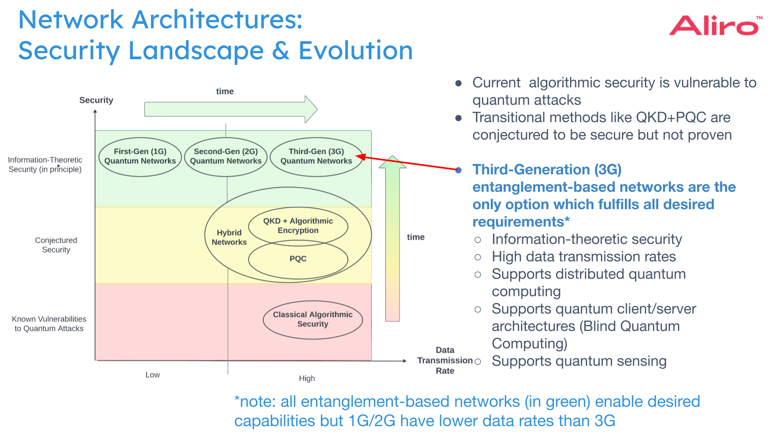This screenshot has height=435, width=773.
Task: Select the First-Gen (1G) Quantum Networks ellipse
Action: [140, 156]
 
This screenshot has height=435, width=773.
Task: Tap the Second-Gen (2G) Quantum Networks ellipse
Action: [225, 156]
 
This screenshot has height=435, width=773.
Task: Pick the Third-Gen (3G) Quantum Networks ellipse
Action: [316, 156]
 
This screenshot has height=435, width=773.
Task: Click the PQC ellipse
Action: [298, 259]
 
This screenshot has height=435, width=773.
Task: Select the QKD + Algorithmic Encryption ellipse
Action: [298, 226]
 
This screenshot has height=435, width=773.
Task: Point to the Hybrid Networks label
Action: [229, 237]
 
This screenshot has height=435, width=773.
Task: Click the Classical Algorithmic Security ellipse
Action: [312, 319]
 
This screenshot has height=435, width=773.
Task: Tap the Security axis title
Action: [96, 100]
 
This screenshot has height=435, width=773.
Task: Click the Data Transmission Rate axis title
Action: [445, 360]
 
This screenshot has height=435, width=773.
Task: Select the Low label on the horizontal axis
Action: [153, 375]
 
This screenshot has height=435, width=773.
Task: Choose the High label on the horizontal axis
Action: [307, 378]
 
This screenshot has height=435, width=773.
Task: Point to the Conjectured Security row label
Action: [56, 245]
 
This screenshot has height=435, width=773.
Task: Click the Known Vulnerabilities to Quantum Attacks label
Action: [49, 323]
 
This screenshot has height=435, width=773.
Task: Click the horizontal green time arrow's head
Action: [311, 109]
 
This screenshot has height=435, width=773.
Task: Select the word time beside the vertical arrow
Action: [415, 237]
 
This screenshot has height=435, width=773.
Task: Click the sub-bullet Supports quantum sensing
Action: [579, 361]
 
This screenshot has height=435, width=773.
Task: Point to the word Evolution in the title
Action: [355, 51]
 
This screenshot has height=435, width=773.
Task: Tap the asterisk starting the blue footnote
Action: [237, 400]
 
